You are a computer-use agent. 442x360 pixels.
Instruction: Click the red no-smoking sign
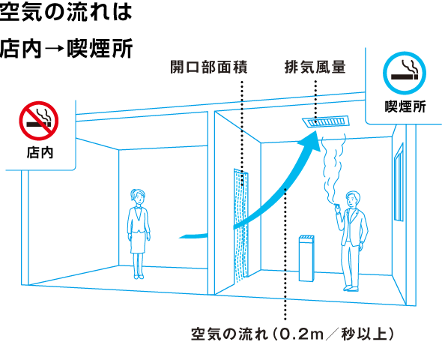coord(39,121)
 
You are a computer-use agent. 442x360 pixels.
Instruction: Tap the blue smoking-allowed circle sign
coord(405,73)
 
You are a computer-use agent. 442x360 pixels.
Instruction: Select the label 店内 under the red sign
coord(40,153)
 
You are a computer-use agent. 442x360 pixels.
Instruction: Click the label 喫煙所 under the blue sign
coord(405,106)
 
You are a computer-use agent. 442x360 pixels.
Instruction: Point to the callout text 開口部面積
coord(209,67)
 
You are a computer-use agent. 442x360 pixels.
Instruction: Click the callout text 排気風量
coord(315,67)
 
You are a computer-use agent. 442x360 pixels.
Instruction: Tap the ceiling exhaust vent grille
coord(326,122)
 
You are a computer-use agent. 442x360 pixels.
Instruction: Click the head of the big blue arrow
coord(311,140)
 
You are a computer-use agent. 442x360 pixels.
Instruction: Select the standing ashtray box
coord(306,258)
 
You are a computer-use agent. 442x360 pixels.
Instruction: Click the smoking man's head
coord(353,199)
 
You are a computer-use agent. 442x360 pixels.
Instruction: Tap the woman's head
coord(138,196)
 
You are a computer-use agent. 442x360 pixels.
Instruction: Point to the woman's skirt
coord(138,242)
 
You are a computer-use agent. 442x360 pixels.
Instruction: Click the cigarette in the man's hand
coord(337,205)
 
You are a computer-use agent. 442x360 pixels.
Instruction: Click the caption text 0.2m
coord(300,334)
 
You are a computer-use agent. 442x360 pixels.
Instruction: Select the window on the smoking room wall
coord(399,182)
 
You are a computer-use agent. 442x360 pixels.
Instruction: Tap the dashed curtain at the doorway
coord(241,226)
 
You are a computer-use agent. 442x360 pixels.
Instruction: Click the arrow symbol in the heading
coord(55,49)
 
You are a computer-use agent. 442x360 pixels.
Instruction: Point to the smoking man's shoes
coord(351,288)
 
